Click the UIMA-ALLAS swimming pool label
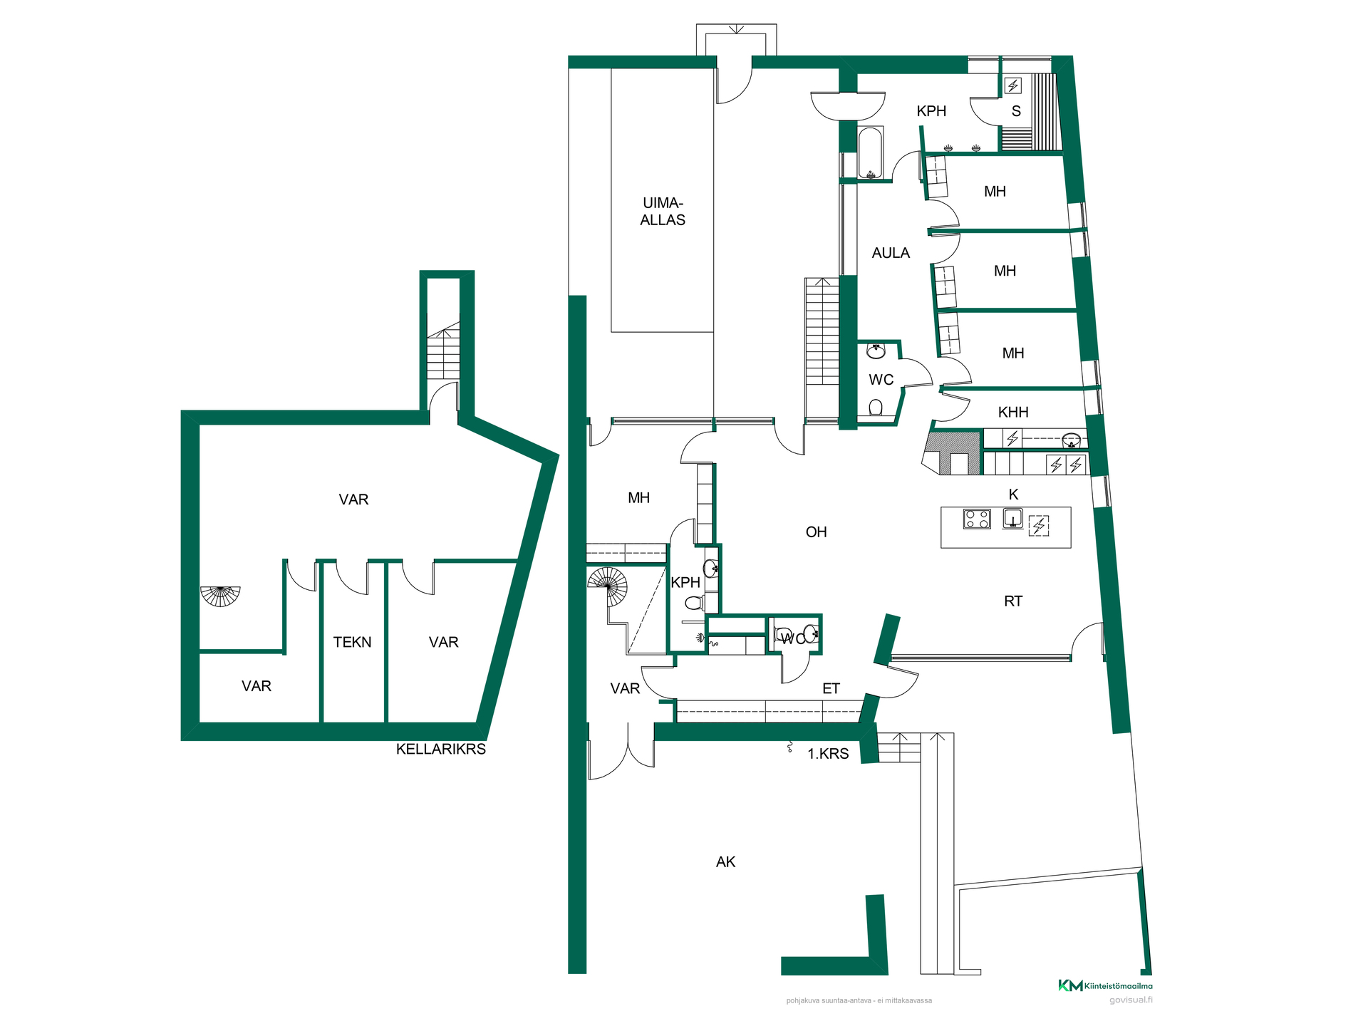tap(663, 212)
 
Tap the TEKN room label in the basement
tap(352, 642)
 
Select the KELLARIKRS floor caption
tap(441, 749)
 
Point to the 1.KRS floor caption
tap(828, 754)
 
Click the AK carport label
tap(725, 862)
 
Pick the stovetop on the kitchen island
tap(977, 519)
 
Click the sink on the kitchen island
tap(1013, 518)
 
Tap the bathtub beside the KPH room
tap(871, 153)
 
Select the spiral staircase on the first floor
tap(608, 586)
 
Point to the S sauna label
tap(1016, 111)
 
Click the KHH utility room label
tap(1013, 413)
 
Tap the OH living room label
tap(816, 532)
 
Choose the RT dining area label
tap(1013, 601)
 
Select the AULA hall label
tap(891, 253)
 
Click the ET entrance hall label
tap(831, 688)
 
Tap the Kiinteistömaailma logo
tap(1105, 986)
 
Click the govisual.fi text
tap(1131, 1000)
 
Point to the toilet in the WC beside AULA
tap(876, 408)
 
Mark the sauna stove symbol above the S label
tap(1013, 85)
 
